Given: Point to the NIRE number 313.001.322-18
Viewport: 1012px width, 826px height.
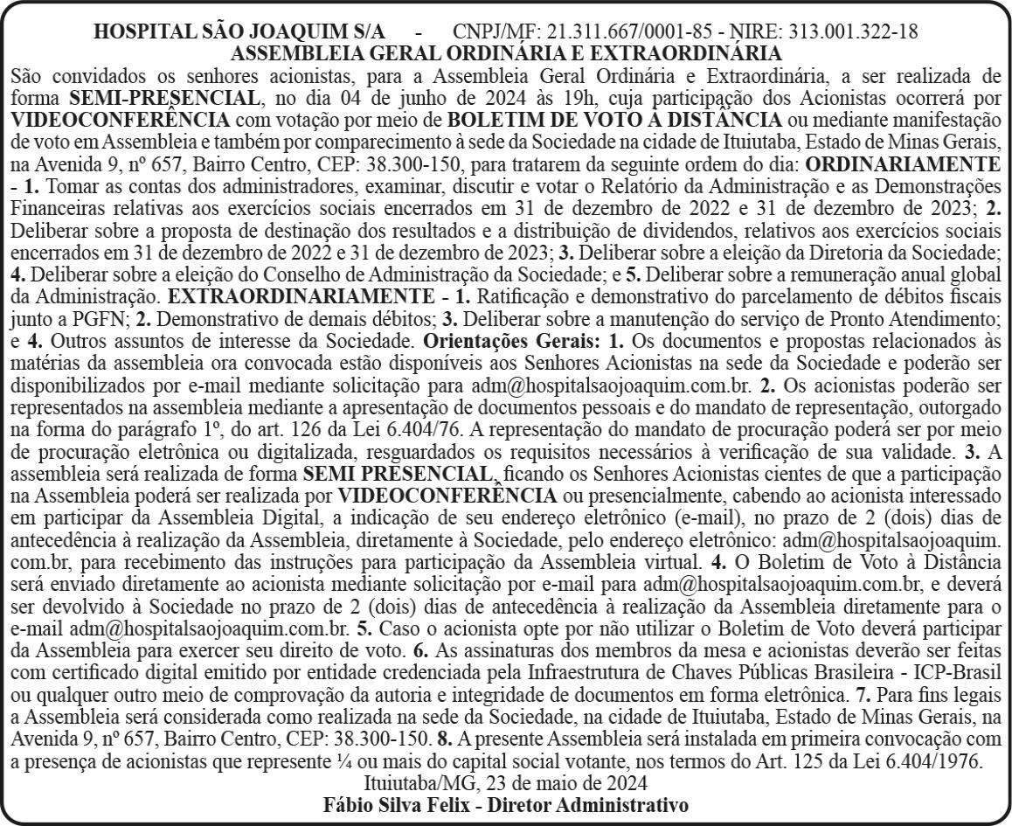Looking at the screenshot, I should tap(852, 31).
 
